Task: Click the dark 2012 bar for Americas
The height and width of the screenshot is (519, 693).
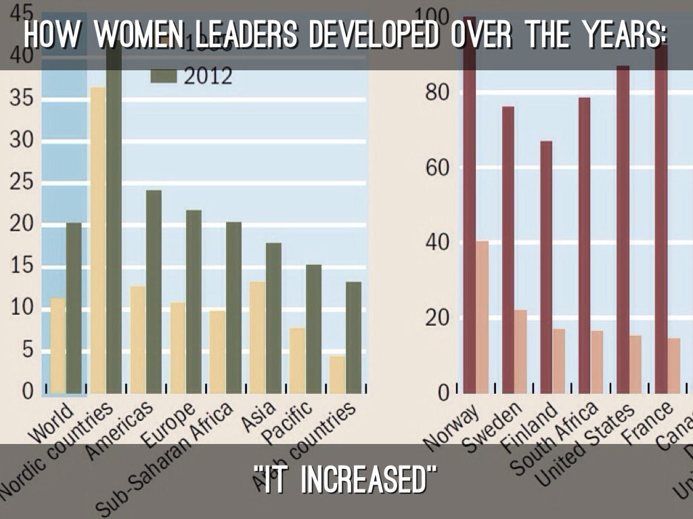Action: click(154, 291)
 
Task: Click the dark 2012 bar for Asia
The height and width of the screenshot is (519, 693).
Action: click(273, 318)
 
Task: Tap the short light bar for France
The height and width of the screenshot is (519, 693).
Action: click(674, 365)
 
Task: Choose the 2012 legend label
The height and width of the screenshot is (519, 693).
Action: click(208, 76)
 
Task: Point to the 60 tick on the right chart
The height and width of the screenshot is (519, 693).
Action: click(438, 168)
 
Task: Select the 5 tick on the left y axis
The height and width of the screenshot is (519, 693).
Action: click(28, 350)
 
